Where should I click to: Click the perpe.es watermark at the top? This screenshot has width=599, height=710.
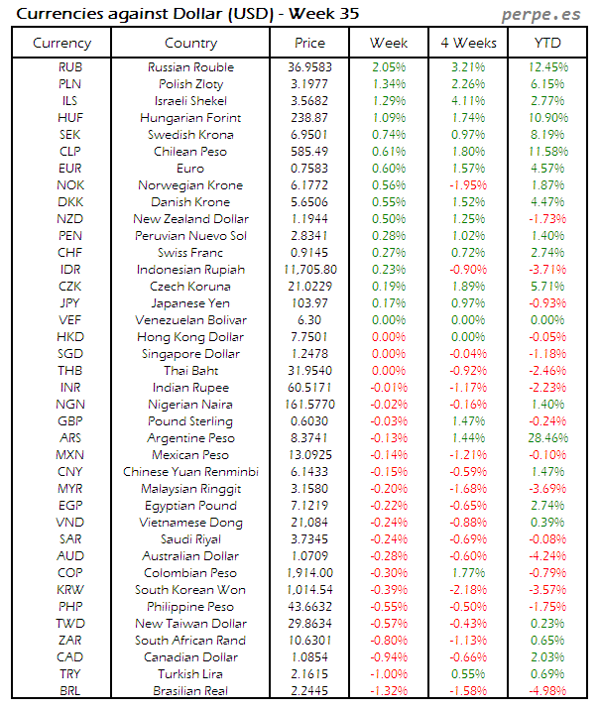pos(542,14)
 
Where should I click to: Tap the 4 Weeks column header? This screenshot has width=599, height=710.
pos(470,43)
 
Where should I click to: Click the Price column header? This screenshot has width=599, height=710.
pos(310,43)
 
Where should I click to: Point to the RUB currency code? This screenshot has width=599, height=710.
pos(70,67)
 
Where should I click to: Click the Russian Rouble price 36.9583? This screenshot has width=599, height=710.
pos(310,67)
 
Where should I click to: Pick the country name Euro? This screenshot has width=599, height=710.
pos(190,169)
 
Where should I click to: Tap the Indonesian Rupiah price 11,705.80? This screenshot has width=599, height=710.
pos(310,270)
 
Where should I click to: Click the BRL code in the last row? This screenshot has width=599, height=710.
pos(70,691)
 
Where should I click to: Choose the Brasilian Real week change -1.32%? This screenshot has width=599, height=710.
pos(388,691)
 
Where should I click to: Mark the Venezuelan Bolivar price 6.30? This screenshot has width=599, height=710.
pos(310,320)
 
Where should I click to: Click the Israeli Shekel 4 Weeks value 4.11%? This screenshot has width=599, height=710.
pos(470,101)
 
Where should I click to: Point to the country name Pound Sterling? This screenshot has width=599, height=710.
pos(190,421)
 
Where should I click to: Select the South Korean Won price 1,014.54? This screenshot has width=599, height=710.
pos(310,590)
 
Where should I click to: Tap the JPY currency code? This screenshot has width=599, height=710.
pos(70,303)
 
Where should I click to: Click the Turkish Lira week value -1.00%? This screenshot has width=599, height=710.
pos(388,674)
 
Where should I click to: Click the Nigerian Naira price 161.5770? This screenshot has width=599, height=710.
pos(310,405)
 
